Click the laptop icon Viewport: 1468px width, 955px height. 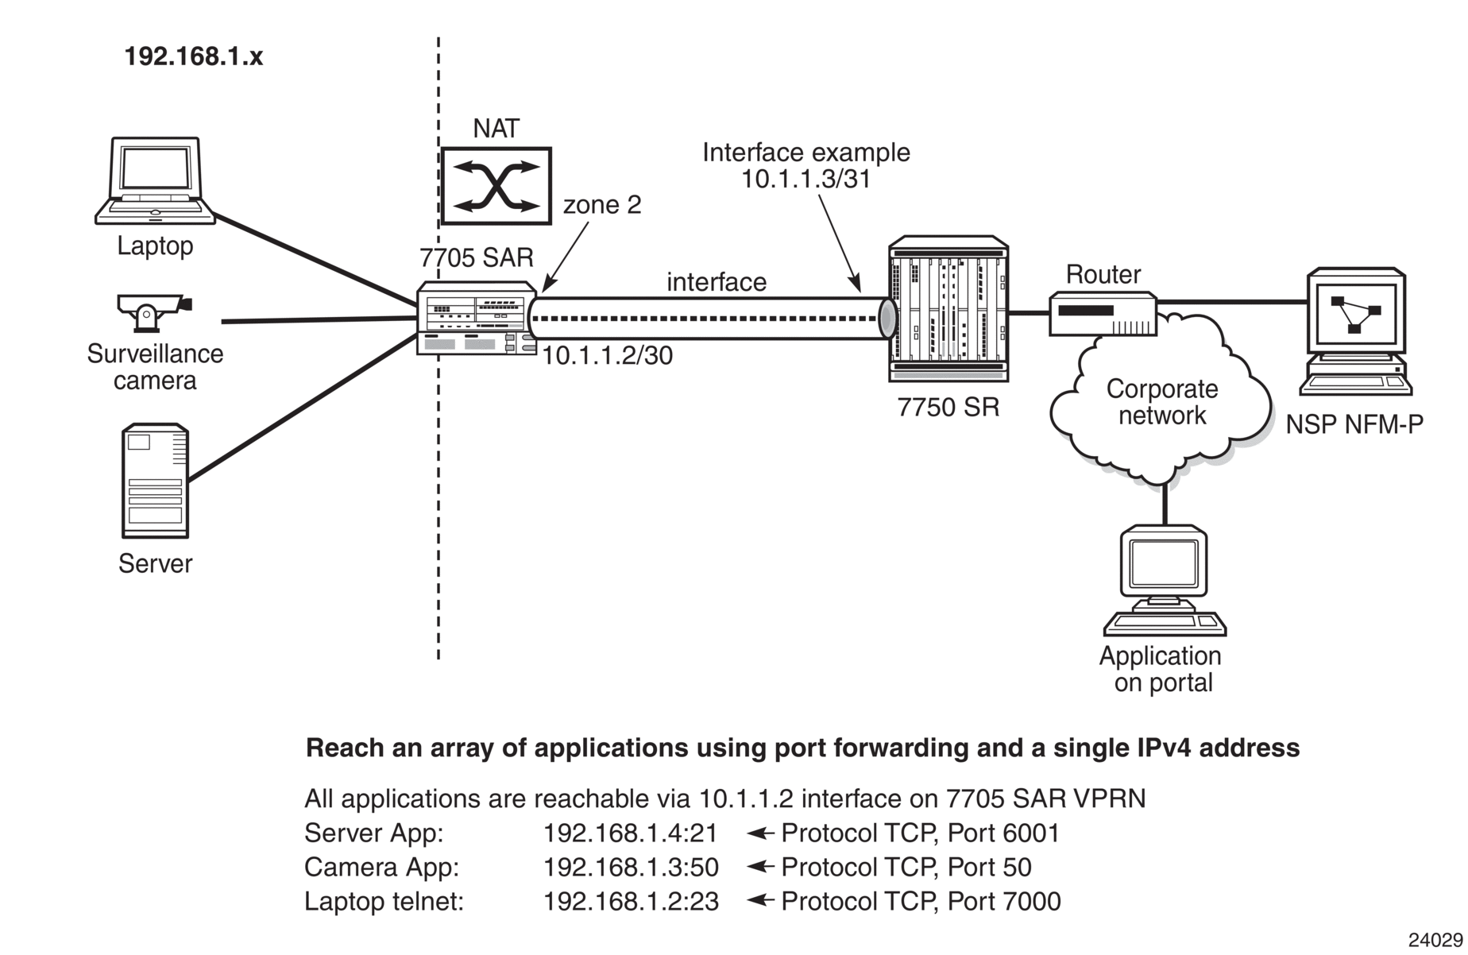click(x=155, y=181)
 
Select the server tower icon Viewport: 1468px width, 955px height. click(x=155, y=481)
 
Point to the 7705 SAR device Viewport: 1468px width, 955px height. click(x=477, y=318)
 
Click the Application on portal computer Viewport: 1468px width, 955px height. click(x=1164, y=580)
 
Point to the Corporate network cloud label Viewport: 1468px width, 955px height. click(x=1161, y=402)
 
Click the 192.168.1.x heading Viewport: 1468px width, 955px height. click(x=194, y=56)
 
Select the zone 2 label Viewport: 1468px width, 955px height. click(x=602, y=205)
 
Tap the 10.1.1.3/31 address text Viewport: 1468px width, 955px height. click(x=806, y=180)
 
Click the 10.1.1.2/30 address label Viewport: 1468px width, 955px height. click(x=608, y=355)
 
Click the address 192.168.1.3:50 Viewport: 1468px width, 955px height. click(x=631, y=867)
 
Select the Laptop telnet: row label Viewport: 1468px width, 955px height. click(x=384, y=901)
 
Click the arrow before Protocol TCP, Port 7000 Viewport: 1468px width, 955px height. click(x=761, y=900)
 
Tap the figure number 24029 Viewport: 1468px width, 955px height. click(x=1435, y=940)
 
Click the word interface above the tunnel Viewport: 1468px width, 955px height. click(x=717, y=282)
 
